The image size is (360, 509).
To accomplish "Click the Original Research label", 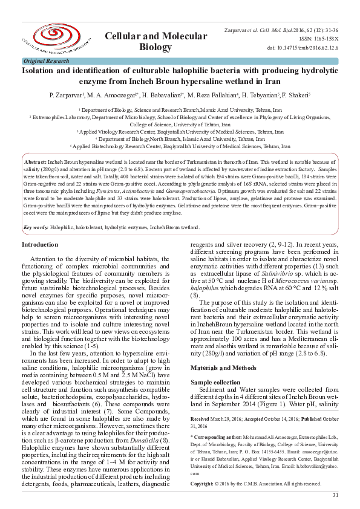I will [x=46, y=61].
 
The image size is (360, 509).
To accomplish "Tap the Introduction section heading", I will [x=40, y=244].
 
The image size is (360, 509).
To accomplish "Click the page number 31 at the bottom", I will [x=335, y=496].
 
